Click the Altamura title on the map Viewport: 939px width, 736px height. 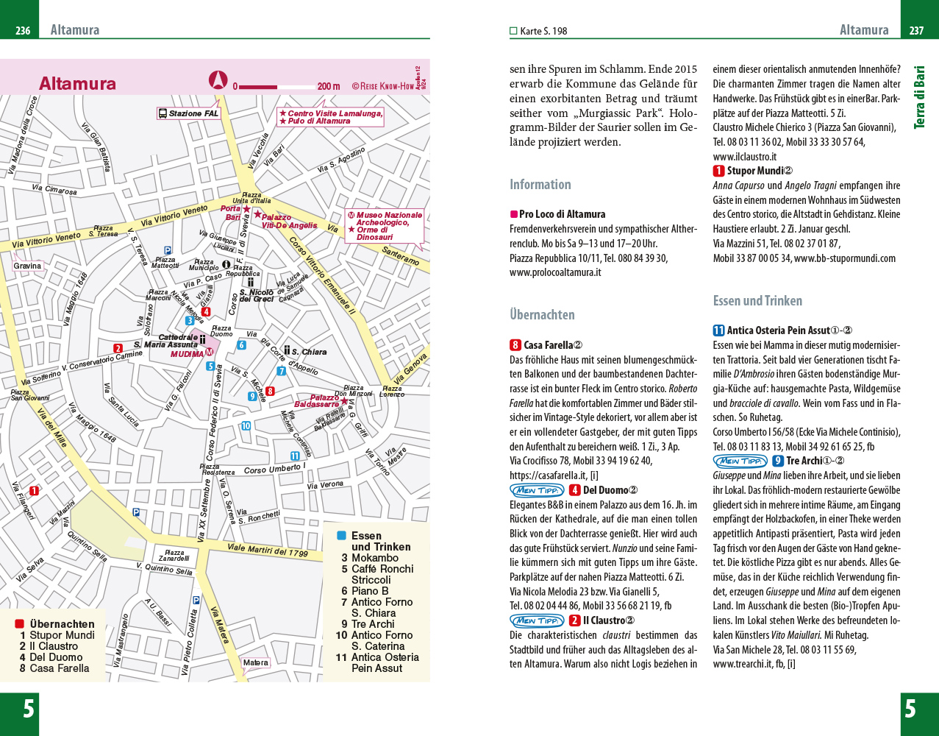tap(77, 83)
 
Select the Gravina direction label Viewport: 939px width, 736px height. tap(28, 266)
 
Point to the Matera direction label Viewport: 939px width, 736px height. tap(256, 663)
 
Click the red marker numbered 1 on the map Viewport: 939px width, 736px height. tap(33, 491)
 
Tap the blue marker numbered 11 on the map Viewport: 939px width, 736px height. tap(295, 456)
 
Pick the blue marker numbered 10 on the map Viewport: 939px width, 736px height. tap(246, 426)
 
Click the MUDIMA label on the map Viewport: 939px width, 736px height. tap(188, 354)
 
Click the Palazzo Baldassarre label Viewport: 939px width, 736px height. tap(316, 401)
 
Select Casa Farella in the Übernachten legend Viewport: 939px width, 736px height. tap(60, 668)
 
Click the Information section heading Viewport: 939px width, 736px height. tap(540, 185)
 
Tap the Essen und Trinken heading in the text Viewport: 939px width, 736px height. tap(757, 300)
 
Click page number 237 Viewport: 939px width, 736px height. tap(916, 31)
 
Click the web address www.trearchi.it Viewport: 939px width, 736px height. tap(743, 664)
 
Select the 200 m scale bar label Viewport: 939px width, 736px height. tap(329, 86)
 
